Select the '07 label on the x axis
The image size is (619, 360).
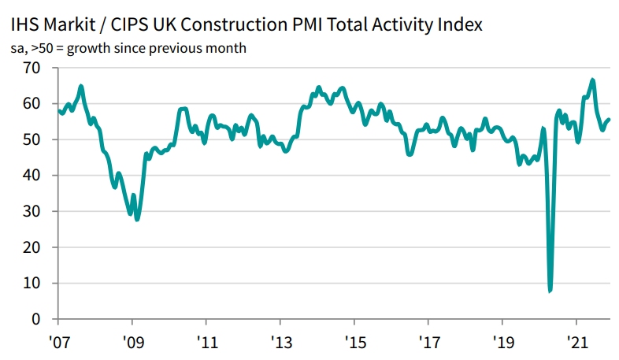pos(58,344)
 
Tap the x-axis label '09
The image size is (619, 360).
pos(132,344)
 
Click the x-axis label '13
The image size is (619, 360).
pos(280,344)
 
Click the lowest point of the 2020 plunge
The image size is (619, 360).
pos(550,291)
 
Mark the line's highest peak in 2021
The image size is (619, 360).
pos(592,80)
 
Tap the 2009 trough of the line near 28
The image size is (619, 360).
pos(137,219)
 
